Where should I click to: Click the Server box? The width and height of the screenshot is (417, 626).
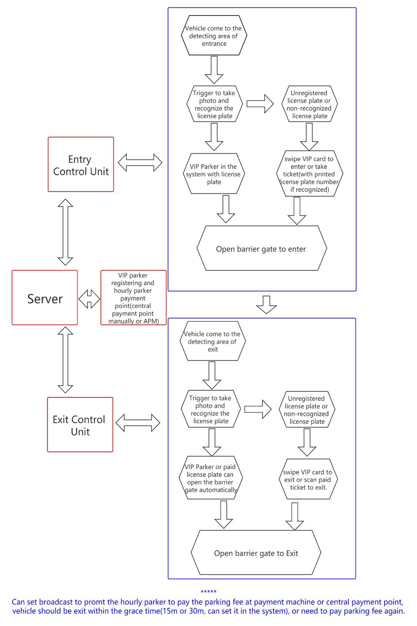(x=45, y=297)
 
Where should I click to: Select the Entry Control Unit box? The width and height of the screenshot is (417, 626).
(x=81, y=164)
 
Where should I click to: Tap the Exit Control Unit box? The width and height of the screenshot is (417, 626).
(x=80, y=424)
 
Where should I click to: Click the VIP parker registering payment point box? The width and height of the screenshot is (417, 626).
(x=133, y=297)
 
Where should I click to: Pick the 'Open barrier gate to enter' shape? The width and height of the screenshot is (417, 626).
(x=262, y=248)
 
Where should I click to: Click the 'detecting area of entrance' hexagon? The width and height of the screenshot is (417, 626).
(x=214, y=35)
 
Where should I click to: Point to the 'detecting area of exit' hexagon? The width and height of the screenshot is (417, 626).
(x=213, y=341)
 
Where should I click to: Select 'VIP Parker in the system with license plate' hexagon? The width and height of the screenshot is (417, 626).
(x=214, y=174)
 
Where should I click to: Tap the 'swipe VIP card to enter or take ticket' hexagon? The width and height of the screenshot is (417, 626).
(x=309, y=174)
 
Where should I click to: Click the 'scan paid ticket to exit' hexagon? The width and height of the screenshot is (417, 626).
(x=308, y=479)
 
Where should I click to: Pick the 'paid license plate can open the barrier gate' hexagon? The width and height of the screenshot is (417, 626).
(x=211, y=477)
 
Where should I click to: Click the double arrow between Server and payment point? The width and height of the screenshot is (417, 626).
(x=89, y=299)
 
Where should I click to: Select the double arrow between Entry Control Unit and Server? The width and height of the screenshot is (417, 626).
(x=65, y=232)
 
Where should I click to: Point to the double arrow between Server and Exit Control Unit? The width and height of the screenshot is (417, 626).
(x=65, y=360)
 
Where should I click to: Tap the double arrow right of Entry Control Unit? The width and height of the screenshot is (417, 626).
(x=140, y=162)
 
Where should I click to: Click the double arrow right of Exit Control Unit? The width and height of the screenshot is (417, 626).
(x=138, y=423)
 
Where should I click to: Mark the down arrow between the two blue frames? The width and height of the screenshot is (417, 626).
(x=266, y=305)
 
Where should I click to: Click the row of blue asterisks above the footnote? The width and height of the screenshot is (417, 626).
(x=208, y=591)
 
